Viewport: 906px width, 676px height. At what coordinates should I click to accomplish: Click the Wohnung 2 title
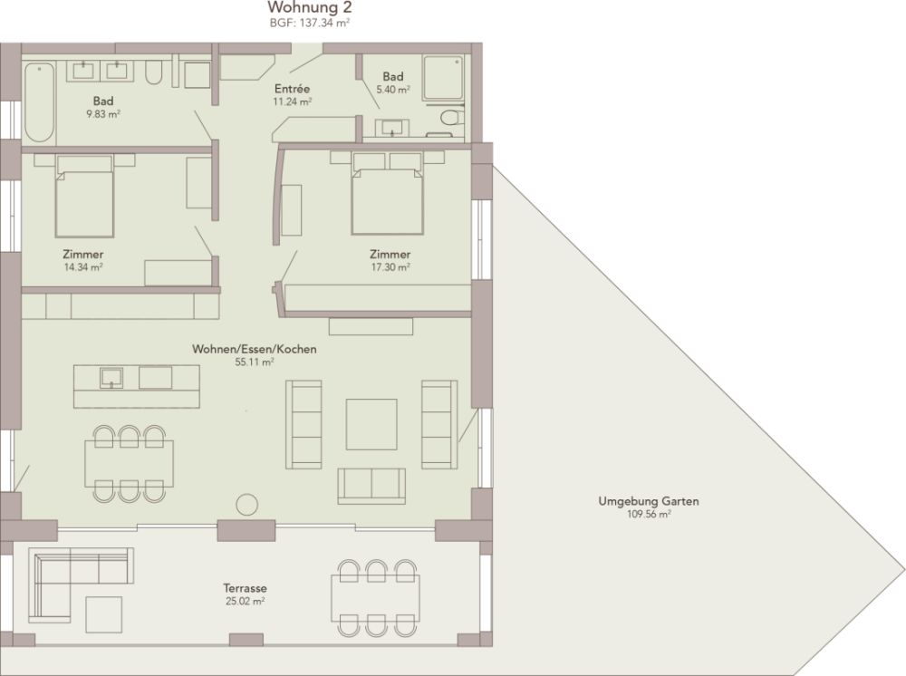pos(310,7)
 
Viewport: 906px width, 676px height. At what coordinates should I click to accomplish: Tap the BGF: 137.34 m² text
pos(310,24)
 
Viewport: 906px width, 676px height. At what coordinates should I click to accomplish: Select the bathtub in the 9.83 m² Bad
pos(39,102)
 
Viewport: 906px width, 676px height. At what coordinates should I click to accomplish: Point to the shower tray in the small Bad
pos(443,78)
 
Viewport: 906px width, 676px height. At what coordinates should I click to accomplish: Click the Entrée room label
pos(293,89)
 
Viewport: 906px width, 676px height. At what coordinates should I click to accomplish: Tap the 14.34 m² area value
pos(83,267)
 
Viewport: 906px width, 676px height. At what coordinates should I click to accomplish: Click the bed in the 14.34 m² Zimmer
pos(84,196)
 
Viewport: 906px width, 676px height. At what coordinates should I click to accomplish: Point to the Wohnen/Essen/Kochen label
pos(255,349)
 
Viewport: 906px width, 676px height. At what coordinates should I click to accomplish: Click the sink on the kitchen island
pos(111,378)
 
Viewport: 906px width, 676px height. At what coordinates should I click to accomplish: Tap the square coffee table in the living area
pos(371,424)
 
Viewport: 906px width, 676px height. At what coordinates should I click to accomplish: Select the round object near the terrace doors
pos(246,505)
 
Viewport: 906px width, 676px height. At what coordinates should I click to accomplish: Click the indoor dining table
pos(129,464)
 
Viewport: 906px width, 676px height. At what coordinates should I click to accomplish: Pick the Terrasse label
pos(245,588)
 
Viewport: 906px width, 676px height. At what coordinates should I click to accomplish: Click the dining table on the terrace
pos(376,598)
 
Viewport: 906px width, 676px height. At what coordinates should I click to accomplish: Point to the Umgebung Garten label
pos(649,501)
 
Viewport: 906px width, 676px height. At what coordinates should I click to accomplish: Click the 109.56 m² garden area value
pos(649,514)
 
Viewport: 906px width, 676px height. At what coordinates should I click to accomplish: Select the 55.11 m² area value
pos(255,362)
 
